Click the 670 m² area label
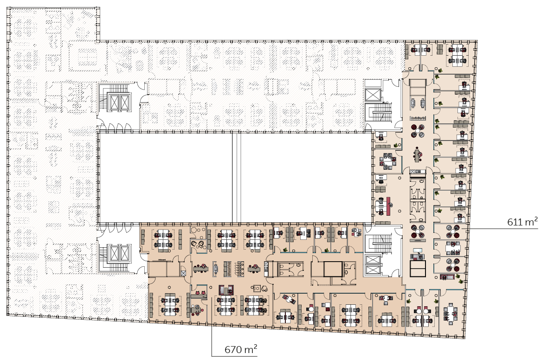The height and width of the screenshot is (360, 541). (x=241, y=349)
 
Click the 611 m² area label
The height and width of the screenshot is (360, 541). (x=522, y=221)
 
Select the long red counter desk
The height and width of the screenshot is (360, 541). (x=390, y=205)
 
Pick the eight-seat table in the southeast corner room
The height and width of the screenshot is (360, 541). (x=450, y=313)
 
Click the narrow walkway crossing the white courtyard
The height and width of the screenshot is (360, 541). (x=236, y=178)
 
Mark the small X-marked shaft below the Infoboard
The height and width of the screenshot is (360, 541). (x=183, y=273)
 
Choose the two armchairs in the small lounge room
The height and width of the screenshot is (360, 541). (x=198, y=244)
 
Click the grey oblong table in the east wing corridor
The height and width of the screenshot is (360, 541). (x=418, y=154)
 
